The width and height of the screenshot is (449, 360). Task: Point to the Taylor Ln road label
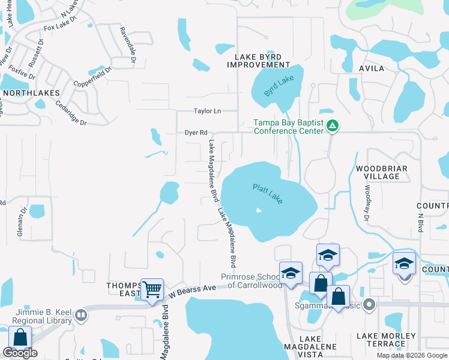207,111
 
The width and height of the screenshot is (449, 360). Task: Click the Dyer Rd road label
196,133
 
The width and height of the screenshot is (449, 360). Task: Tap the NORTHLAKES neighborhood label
31,93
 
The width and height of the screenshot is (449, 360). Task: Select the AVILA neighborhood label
372,68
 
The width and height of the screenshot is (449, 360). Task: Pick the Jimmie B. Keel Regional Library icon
81,320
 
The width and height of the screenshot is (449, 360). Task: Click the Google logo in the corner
20,353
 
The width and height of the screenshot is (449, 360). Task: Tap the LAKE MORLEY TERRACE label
386,340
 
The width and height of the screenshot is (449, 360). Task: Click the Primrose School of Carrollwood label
251,281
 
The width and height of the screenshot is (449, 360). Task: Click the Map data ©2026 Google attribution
412,355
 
